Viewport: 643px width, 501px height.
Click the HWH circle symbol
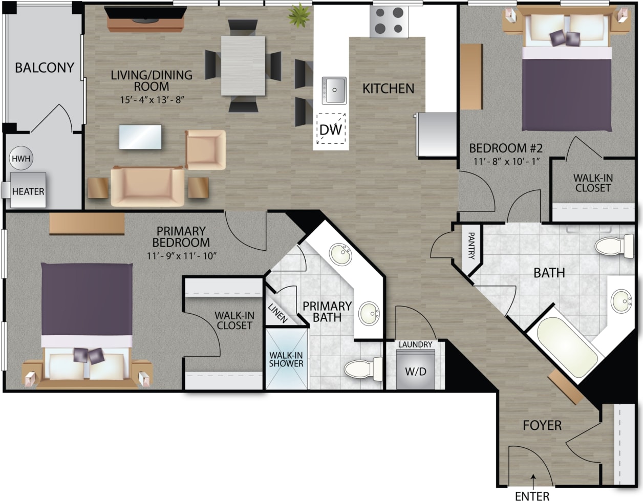pos(21,159)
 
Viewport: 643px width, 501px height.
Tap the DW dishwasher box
pos(330,128)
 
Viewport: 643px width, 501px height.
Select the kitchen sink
pos(334,90)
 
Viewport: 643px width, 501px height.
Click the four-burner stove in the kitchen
pos(389,22)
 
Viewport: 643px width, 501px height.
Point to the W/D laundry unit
pos(415,370)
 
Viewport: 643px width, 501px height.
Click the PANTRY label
pos(471,246)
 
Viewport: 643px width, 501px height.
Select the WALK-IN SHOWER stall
pos(287,359)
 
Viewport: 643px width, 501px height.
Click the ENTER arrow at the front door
pos(533,479)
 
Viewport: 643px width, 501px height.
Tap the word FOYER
pos(542,425)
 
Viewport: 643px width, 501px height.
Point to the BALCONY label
pos(45,68)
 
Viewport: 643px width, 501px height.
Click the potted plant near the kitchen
pos(298,15)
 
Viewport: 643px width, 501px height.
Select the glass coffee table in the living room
pos(140,137)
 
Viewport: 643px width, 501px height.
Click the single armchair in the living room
pos(205,149)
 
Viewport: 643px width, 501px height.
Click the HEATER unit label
pos(28,191)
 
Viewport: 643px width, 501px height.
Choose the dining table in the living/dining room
pos(244,65)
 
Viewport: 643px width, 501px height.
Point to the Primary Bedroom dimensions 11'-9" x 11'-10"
pos(181,255)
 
